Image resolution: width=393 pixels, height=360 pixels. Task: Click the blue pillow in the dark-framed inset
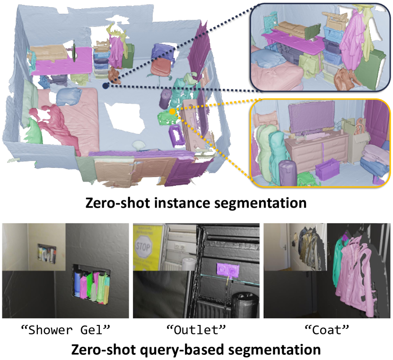point(270,58)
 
